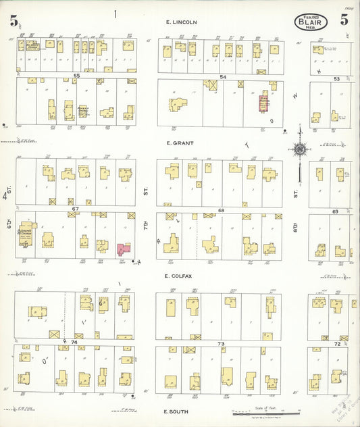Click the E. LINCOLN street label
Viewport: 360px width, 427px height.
pyautogui.click(x=182, y=22)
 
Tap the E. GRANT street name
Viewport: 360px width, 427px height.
pyautogui.click(x=181, y=143)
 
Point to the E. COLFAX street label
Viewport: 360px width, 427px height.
pyautogui.click(x=181, y=276)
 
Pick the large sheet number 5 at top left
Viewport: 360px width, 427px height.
pyautogui.click(x=14, y=20)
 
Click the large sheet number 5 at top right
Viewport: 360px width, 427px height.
pyautogui.click(x=344, y=20)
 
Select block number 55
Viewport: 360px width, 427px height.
pyautogui.click(x=77, y=76)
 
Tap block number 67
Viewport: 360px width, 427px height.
pyautogui.click(x=76, y=209)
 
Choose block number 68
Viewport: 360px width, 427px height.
pyautogui.click(x=221, y=211)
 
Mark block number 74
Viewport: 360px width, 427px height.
pyautogui.click(x=74, y=343)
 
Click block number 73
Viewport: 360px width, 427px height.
pyautogui.click(x=220, y=344)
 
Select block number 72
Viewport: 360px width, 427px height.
pyautogui.click(x=337, y=344)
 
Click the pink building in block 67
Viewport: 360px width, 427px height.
pyautogui.click(x=124, y=249)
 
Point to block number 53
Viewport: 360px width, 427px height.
pyautogui.click(x=336, y=79)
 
